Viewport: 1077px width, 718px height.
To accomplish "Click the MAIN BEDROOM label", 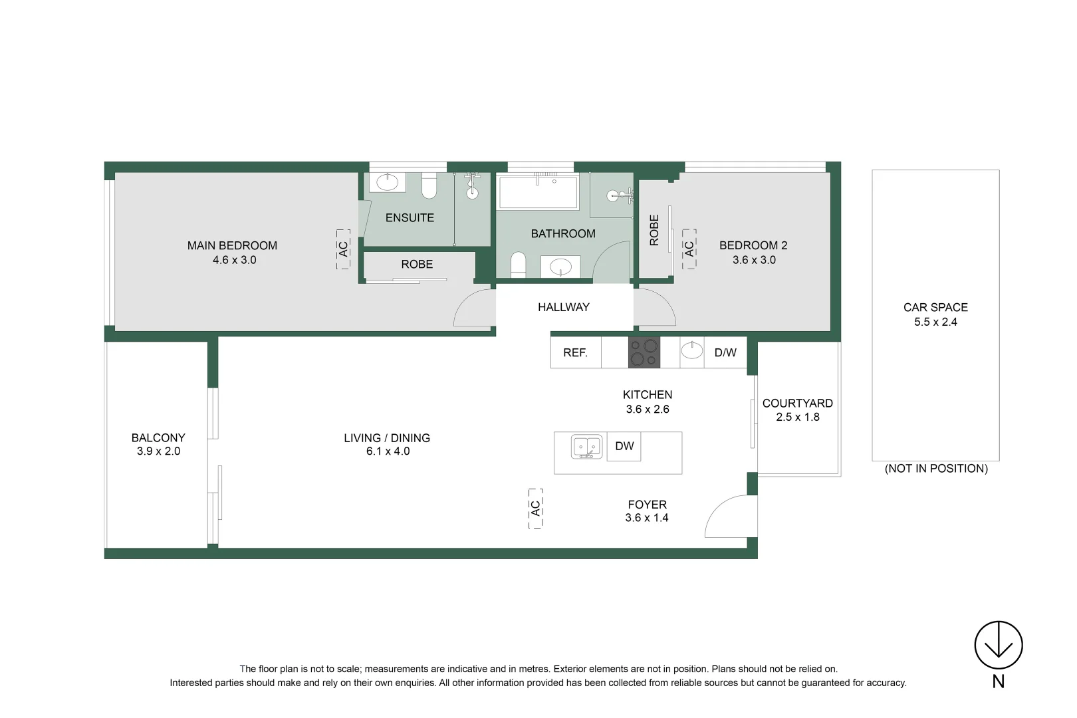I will (x=232, y=245).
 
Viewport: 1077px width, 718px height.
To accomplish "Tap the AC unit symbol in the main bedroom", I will (x=343, y=249).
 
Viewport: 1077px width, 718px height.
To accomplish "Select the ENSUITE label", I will (x=410, y=217).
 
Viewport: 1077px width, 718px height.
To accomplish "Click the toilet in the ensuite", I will (x=429, y=186).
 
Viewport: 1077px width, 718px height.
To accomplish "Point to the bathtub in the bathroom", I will (x=538, y=192).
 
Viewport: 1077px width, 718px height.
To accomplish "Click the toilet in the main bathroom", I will (x=519, y=264).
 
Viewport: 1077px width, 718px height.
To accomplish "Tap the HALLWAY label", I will (x=563, y=307).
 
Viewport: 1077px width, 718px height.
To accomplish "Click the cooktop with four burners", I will (x=644, y=352).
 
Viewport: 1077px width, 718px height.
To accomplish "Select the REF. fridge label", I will (x=575, y=353).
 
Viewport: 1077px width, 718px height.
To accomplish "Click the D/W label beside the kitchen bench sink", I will (x=725, y=353).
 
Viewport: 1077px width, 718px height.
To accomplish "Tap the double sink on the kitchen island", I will (x=587, y=447).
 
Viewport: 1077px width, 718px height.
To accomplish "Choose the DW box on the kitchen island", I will (x=624, y=446).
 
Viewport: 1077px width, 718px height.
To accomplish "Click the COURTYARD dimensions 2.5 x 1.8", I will (x=798, y=418).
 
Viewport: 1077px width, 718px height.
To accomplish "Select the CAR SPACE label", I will (x=935, y=307).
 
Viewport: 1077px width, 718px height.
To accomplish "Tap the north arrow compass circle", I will (x=998, y=645).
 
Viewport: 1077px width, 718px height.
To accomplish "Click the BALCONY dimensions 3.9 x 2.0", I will (x=158, y=451).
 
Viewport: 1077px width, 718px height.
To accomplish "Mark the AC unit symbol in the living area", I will (x=536, y=508).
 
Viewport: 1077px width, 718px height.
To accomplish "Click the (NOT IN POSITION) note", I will (x=936, y=469).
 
